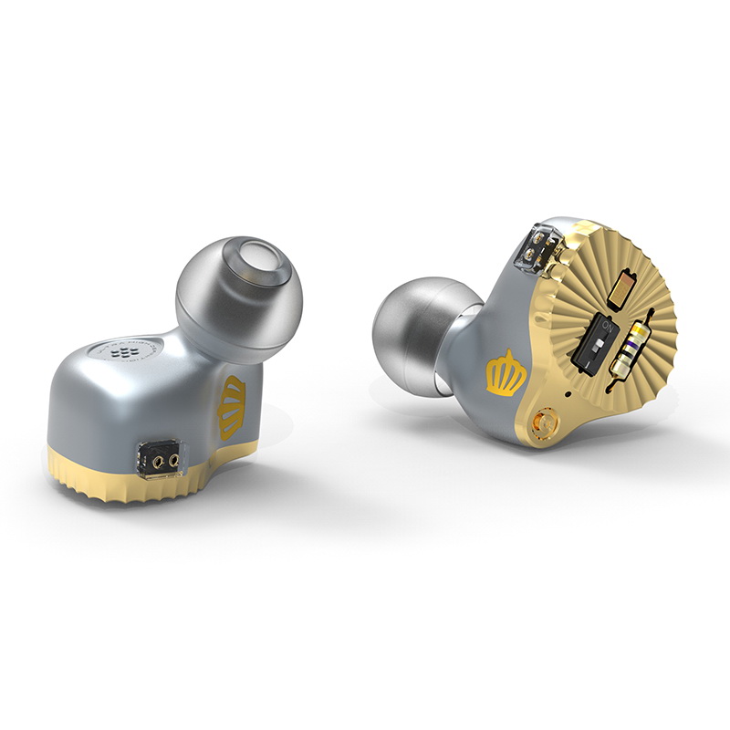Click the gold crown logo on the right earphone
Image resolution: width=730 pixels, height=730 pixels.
(x=505, y=374)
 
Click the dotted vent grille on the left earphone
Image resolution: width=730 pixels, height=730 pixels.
(x=120, y=351)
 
